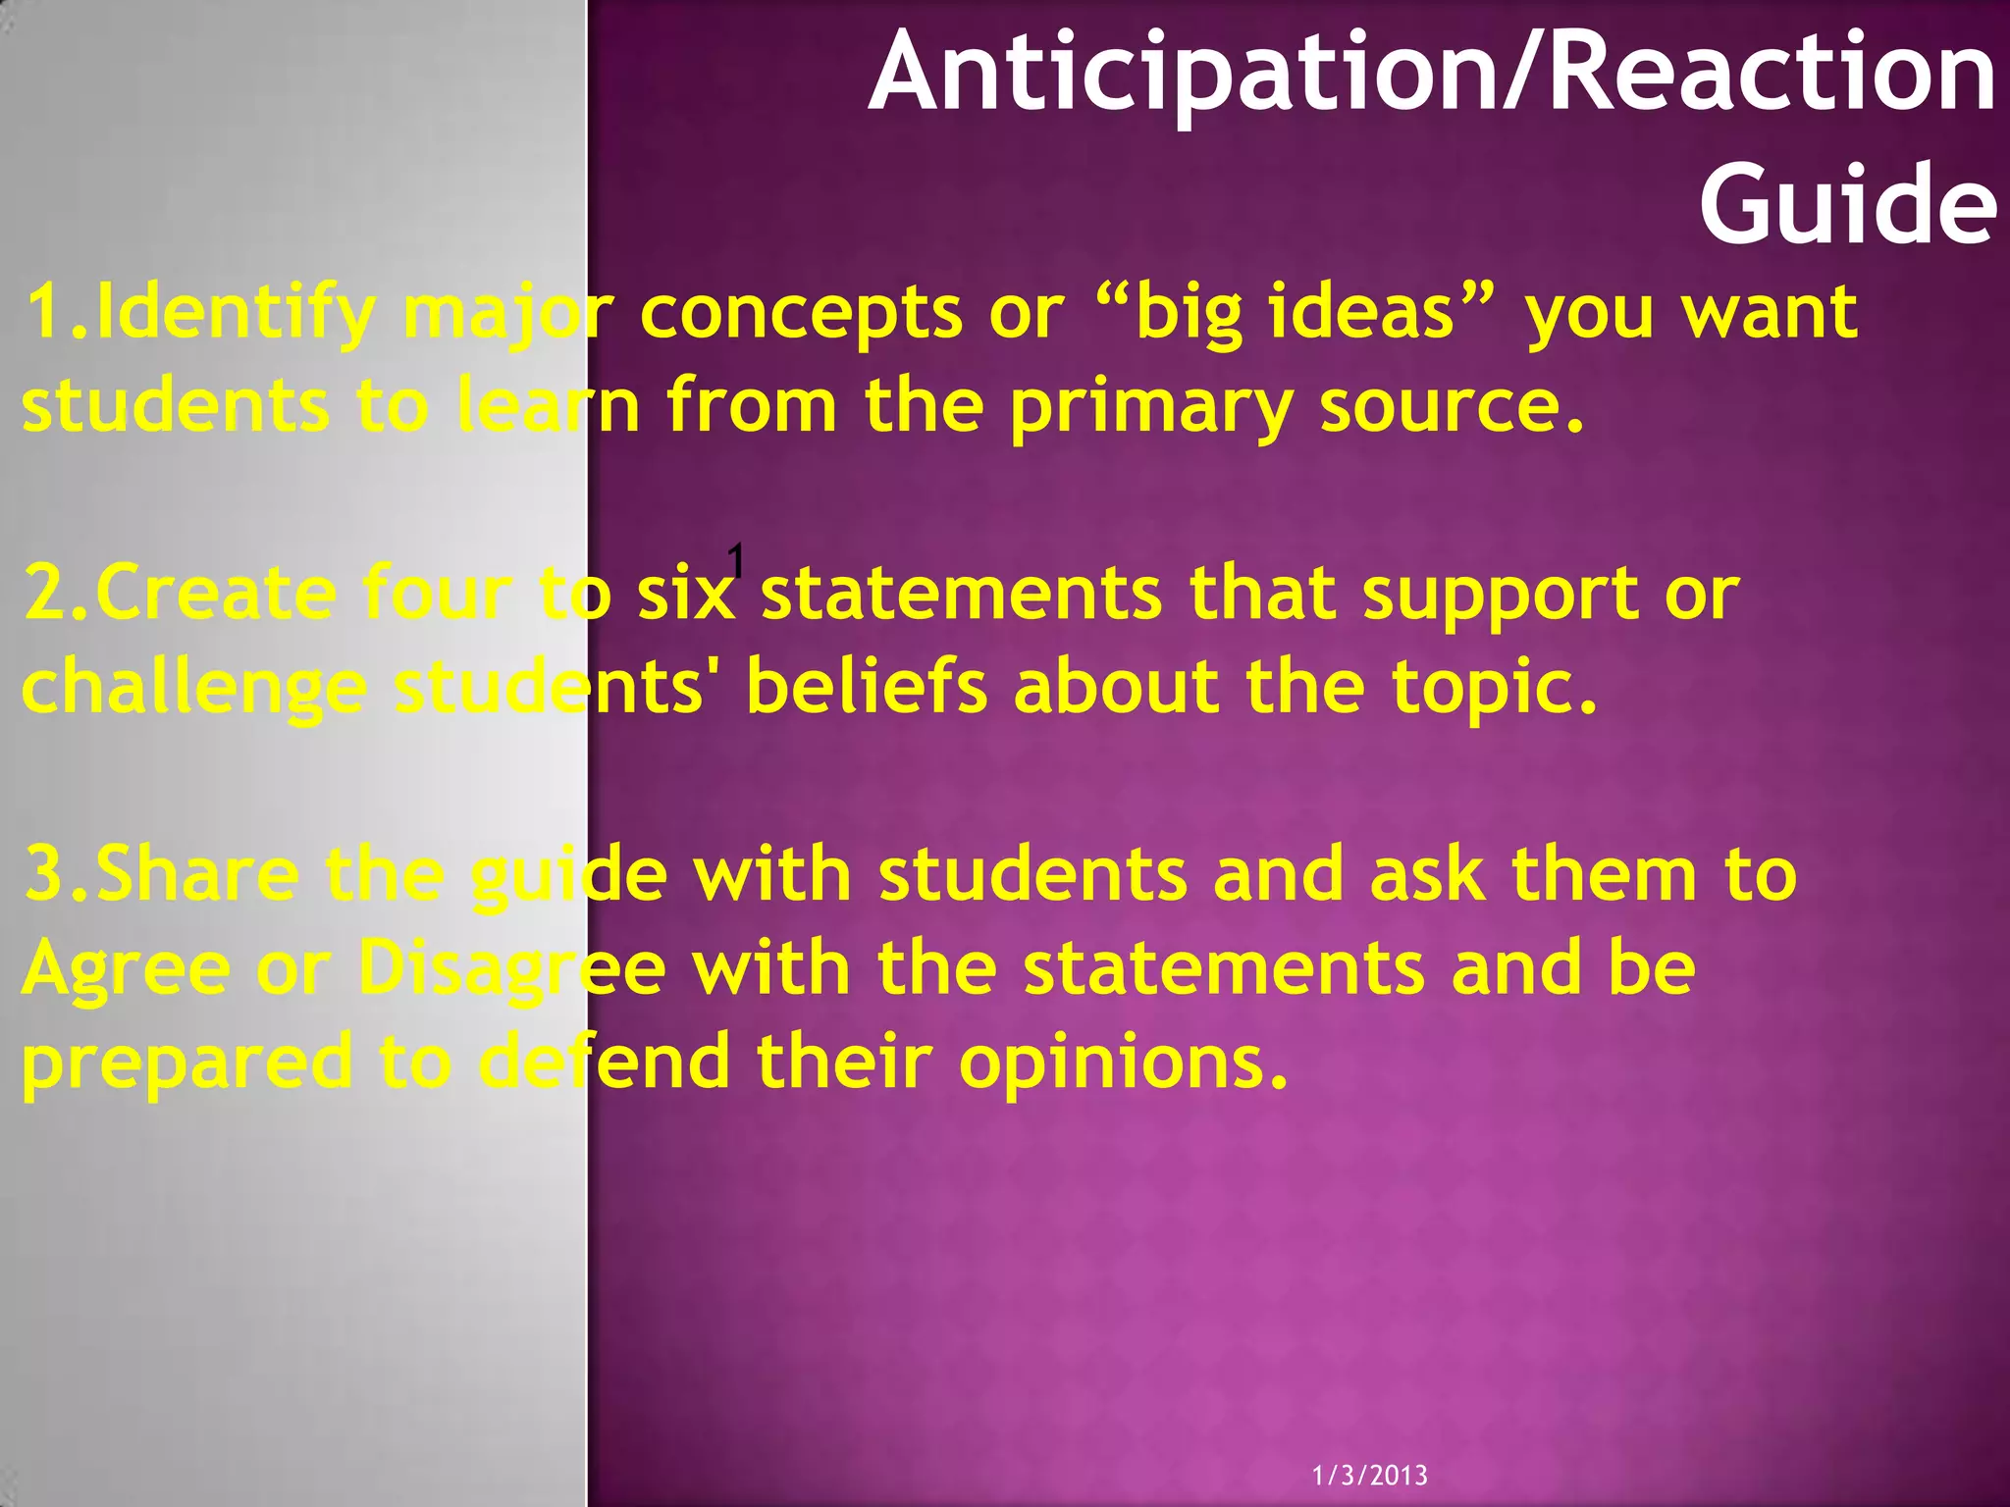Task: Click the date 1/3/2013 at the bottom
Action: pos(1370,1475)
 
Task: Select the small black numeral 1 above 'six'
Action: pos(736,562)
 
